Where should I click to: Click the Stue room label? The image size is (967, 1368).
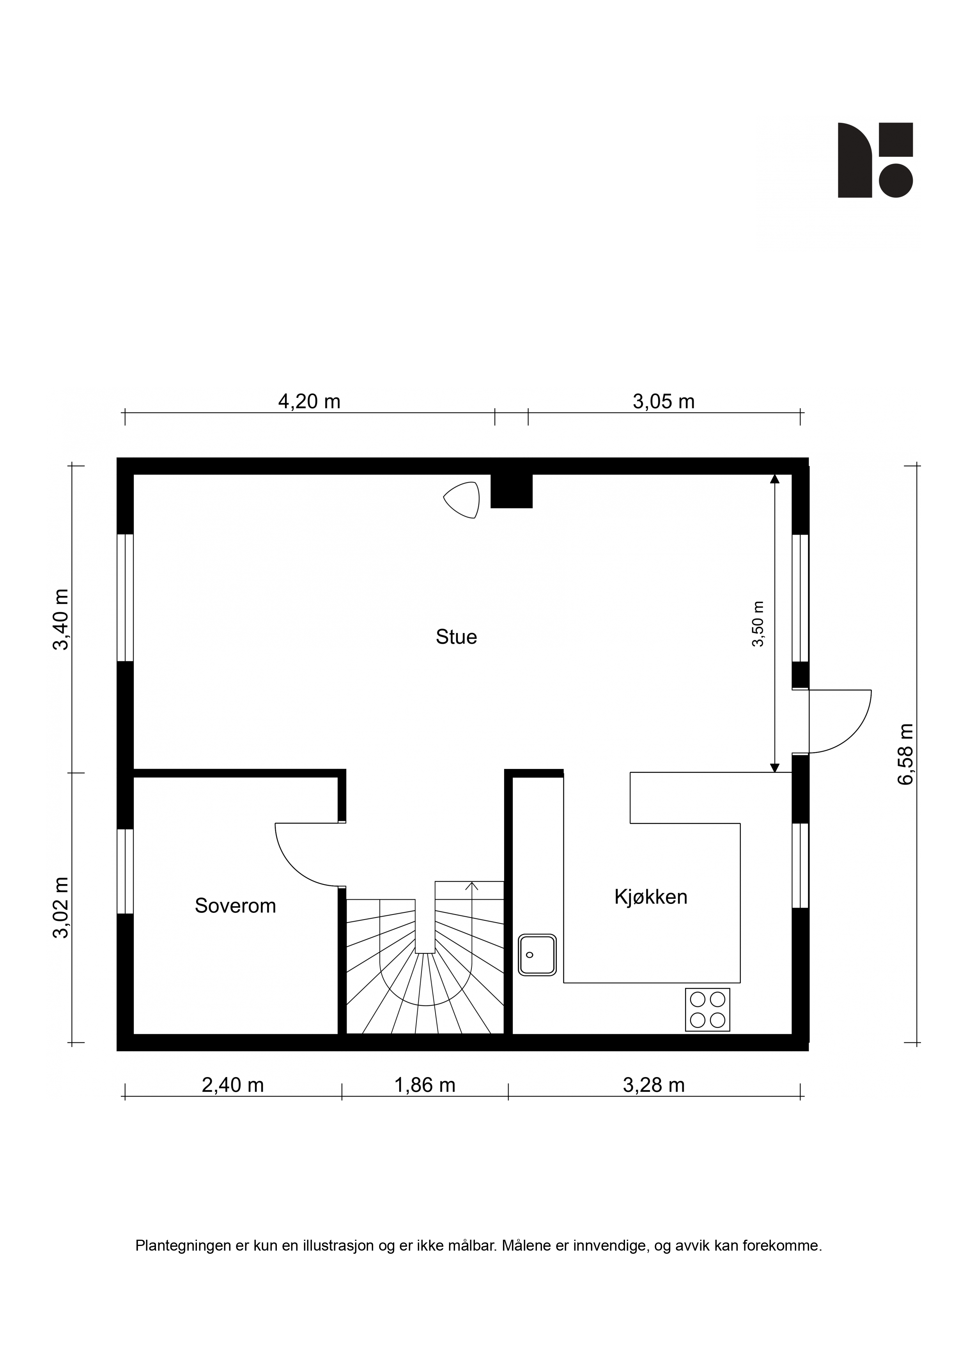coord(456,637)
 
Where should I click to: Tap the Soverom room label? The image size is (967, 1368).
coord(236,906)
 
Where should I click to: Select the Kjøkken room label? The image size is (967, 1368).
coord(651,897)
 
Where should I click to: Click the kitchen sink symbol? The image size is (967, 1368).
coord(537,955)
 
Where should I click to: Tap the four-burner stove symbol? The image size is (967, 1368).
coord(707,1010)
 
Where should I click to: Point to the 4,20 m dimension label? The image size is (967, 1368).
coord(309,402)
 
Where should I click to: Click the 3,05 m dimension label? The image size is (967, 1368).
coord(664,402)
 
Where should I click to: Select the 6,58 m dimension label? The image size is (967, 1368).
coord(905,754)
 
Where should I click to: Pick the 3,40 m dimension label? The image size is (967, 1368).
coord(61,620)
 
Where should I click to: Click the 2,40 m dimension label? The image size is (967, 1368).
coord(233,1085)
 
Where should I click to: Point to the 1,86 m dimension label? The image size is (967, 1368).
coord(425,1085)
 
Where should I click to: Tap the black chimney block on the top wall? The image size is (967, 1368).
coord(511,491)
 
